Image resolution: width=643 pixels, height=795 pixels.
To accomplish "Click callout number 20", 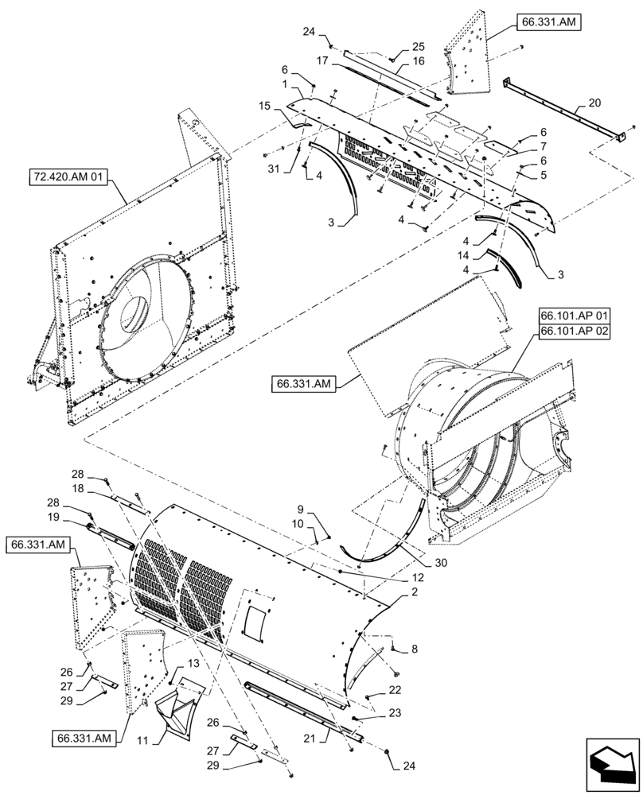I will (594, 103).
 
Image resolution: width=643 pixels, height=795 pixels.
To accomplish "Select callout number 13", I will (195, 664).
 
